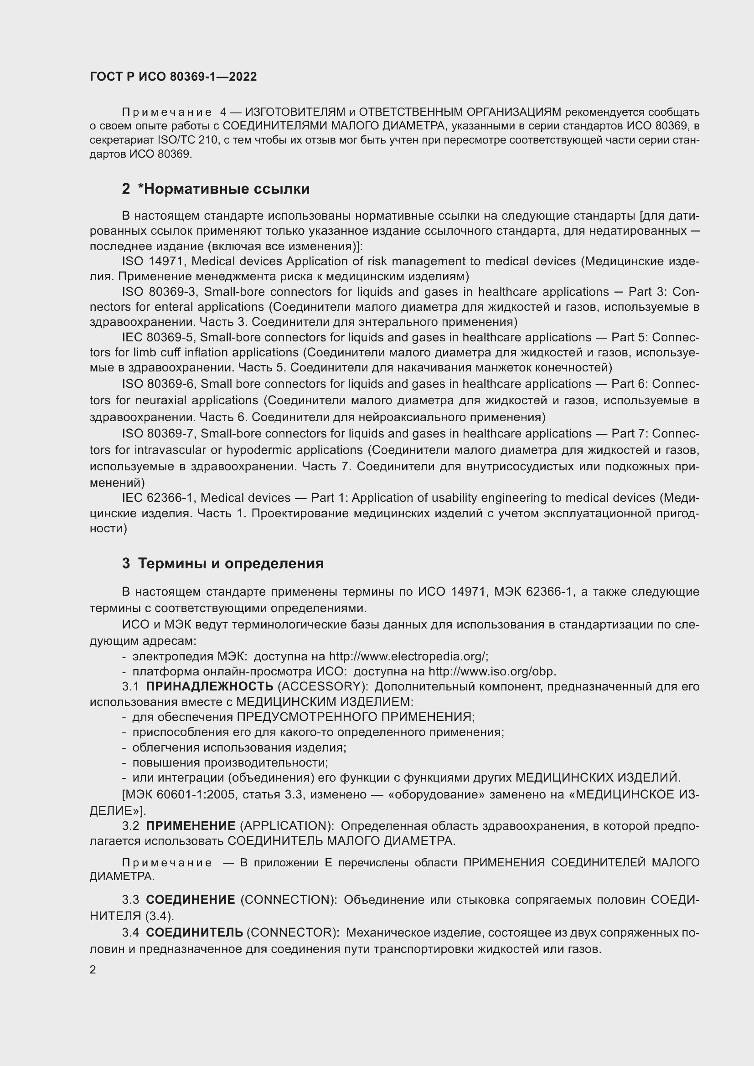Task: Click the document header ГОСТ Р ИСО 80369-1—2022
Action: click(x=173, y=77)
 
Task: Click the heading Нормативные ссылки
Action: click(x=224, y=189)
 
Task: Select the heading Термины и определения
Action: click(x=231, y=564)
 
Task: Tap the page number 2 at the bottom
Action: click(x=93, y=970)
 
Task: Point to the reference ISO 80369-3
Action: click(x=159, y=292)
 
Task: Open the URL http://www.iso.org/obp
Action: click(x=492, y=672)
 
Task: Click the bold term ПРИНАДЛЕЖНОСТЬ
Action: click(x=209, y=687)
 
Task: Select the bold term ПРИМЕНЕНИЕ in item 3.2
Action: click(x=191, y=826)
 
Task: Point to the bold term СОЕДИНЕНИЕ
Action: click(x=191, y=900)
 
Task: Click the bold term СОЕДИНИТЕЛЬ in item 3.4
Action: click(x=194, y=933)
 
